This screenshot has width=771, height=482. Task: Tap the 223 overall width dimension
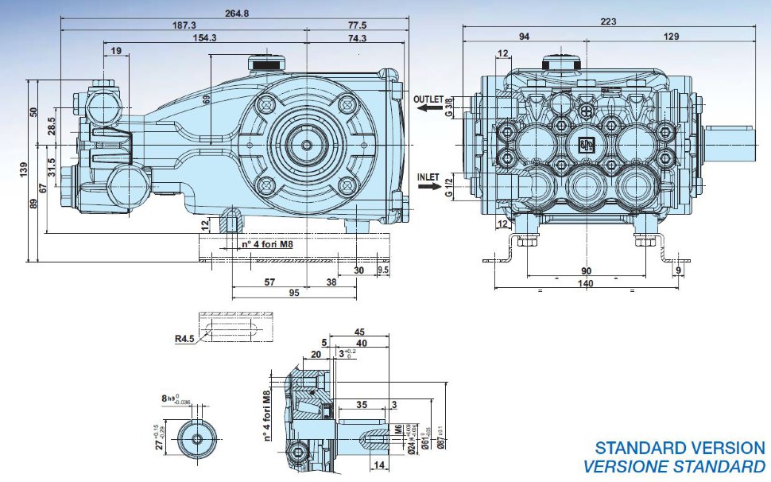608,22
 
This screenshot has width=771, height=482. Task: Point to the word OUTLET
429,99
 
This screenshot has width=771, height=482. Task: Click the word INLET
428,175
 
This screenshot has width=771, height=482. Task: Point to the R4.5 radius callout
186,338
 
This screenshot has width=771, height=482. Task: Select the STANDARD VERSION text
680,449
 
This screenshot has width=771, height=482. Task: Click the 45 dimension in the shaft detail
358,332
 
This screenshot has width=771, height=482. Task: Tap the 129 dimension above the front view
672,36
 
